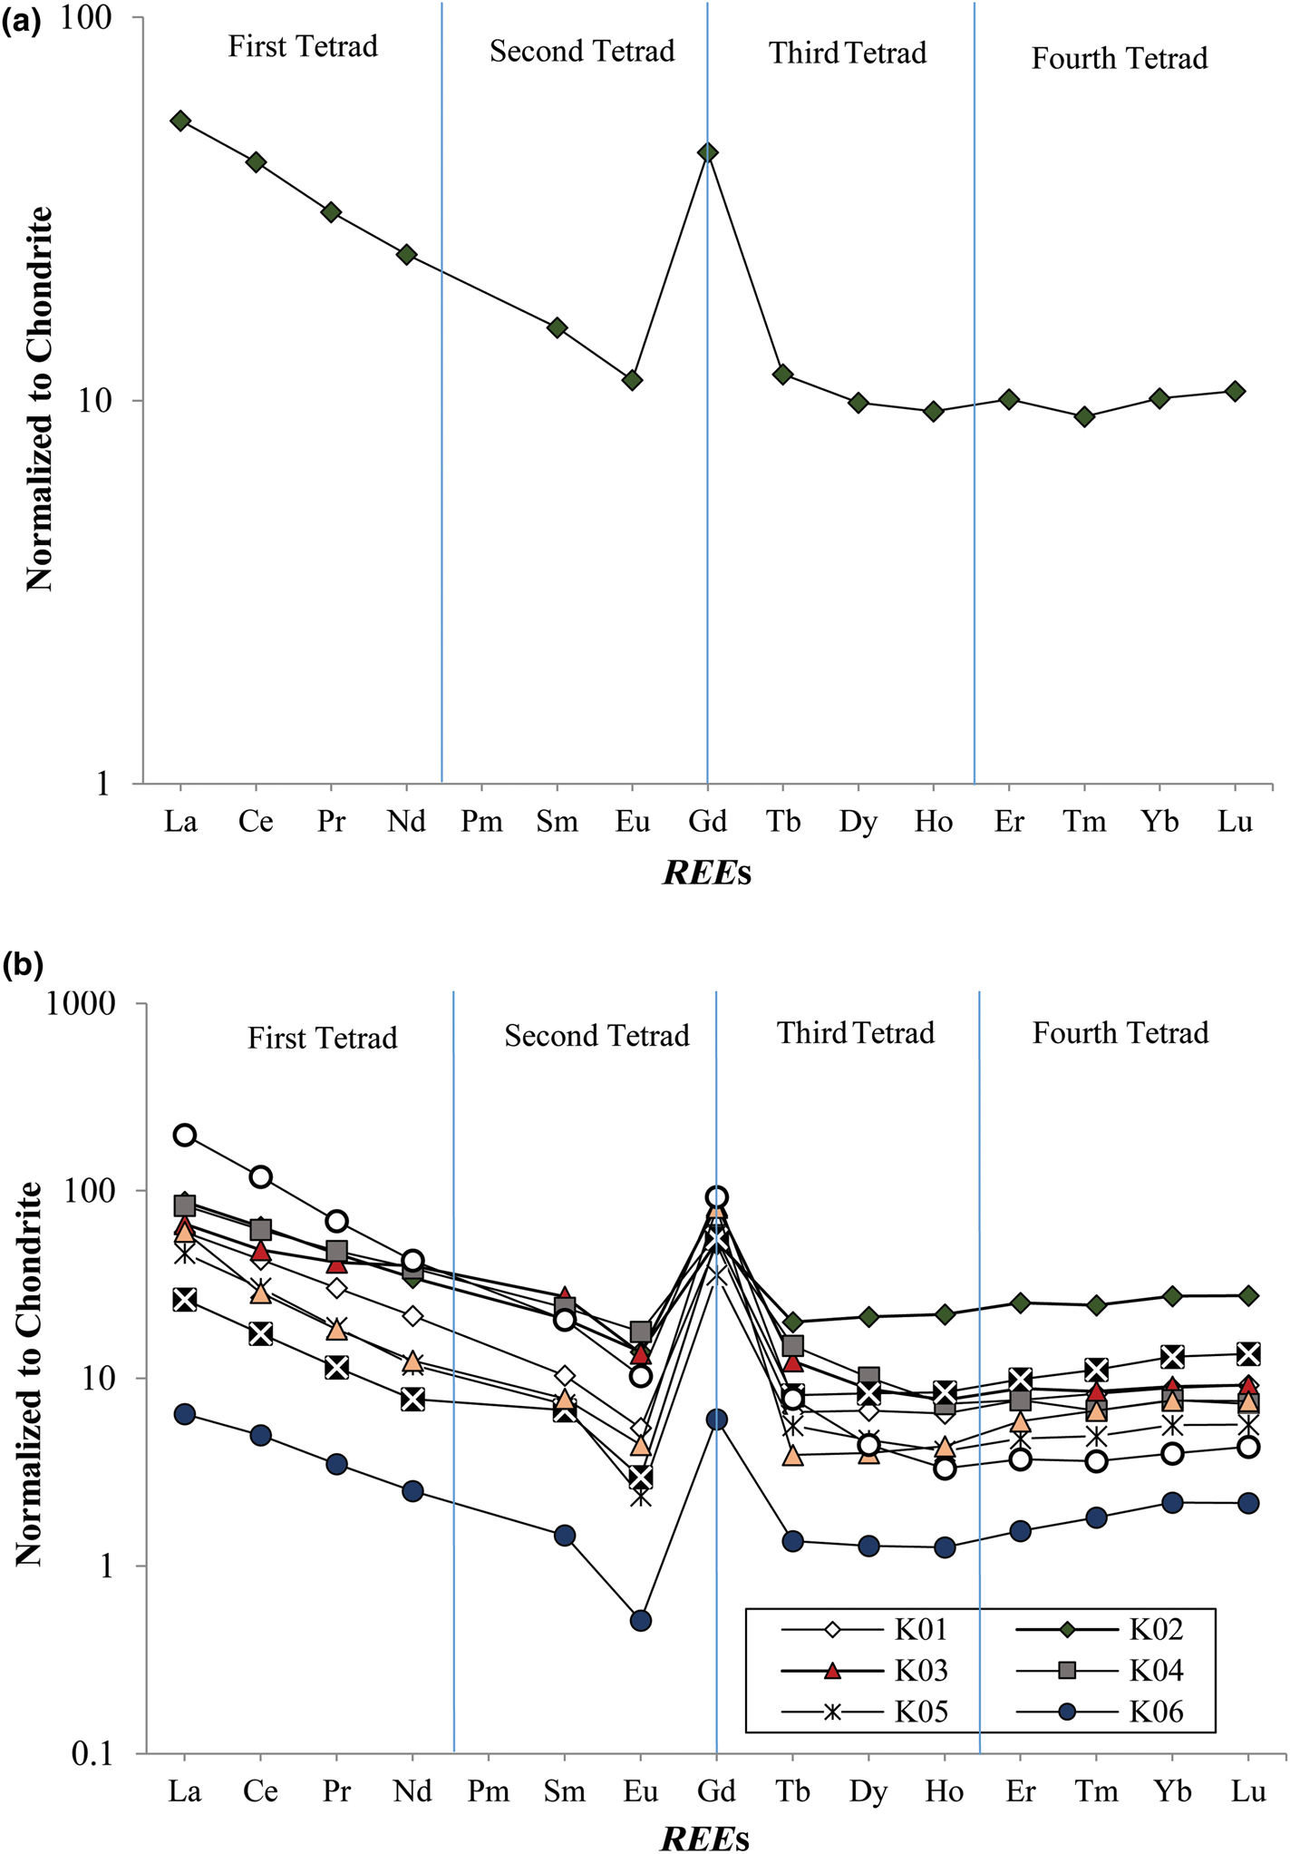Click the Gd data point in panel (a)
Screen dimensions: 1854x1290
(708, 152)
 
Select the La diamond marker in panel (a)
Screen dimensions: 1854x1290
(180, 121)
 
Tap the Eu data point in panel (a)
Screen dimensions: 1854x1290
(633, 380)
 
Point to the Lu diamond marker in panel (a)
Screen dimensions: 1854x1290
(1235, 391)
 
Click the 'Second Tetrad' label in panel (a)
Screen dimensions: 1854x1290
(582, 52)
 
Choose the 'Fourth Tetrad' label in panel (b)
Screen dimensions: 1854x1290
(1120, 1033)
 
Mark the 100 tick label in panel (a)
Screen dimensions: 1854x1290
(92, 18)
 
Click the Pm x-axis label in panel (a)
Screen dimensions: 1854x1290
(481, 822)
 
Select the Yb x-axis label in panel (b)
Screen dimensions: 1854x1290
(1172, 1791)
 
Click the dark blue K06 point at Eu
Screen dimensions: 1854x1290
(641, 1620)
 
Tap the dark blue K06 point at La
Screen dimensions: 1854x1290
(185, 1414)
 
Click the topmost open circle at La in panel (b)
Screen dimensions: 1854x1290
(185, 1135)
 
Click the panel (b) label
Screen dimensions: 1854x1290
(23, 965)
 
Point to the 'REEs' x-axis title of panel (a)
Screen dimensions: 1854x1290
(708, 873)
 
